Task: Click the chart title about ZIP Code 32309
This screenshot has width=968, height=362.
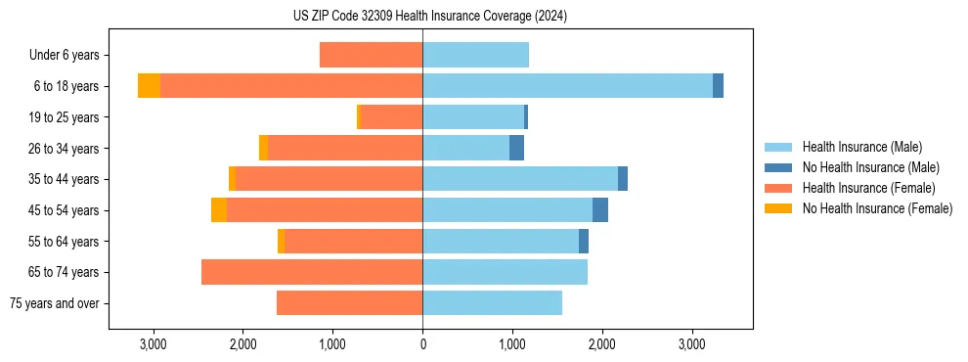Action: point(430,16)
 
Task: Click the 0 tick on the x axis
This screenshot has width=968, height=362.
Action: point(422,344)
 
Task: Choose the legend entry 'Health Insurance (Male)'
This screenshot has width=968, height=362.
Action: point(861,147)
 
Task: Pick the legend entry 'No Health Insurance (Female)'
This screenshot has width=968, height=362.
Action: point(877,208)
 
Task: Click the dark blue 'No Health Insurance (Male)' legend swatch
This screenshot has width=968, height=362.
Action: point(779,167)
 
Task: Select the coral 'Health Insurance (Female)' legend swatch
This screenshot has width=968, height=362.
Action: point(779,188)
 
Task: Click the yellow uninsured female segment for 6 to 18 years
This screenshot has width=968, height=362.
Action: point(149,86)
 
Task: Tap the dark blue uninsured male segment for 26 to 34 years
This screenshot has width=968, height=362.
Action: point(516,148)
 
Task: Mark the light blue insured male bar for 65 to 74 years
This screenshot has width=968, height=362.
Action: point(505,272)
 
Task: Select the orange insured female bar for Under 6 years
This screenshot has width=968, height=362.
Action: point(371,56)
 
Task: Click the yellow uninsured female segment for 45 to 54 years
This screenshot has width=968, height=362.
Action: point(219,210)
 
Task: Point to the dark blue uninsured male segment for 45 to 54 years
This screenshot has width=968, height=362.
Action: point(600,210)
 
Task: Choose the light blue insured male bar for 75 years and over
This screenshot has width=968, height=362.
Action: point(492,303)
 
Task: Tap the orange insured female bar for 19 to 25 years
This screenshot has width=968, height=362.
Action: point(391,117)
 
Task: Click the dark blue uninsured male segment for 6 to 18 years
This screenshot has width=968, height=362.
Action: point(718,86)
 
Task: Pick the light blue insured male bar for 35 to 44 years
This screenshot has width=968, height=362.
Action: point(519,179)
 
